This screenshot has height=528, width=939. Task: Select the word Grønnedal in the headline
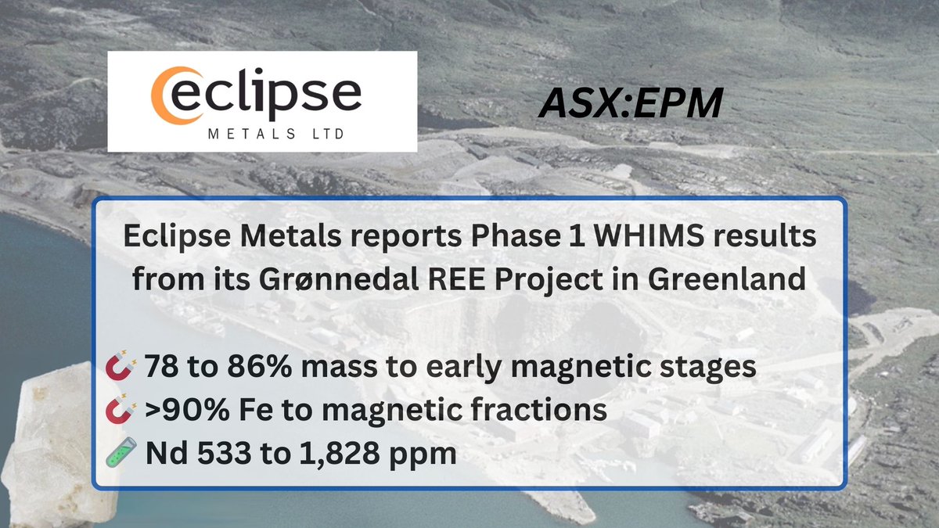click(318, 278)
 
